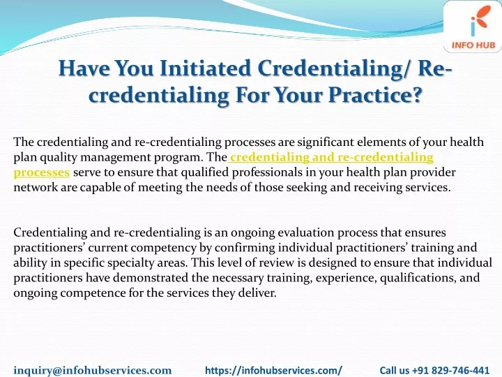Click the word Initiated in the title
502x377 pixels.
[x=205, y=68]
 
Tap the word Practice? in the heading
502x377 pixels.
[x=374, y=95]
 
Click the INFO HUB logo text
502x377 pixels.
[x=473, y=45]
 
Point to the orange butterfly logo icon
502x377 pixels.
[x=479, y=20]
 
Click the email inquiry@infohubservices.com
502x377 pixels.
[x=93, y=370]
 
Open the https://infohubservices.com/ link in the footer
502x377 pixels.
[x=273, y=370]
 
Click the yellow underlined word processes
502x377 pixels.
[x=42, y=173]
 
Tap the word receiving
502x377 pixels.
[x=378, y=187]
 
